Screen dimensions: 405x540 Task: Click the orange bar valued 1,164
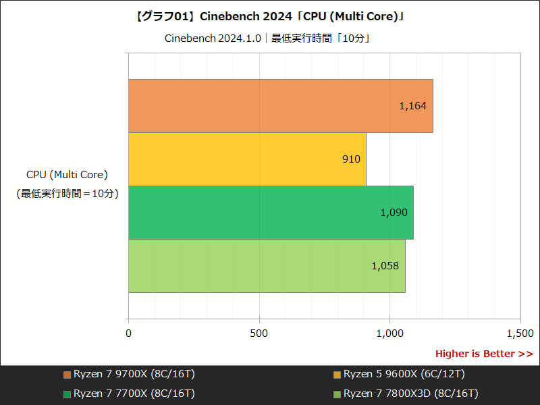tap(280, 106)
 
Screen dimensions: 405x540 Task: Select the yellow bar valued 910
tap(247, 159)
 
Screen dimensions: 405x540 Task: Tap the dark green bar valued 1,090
tap(271, 213)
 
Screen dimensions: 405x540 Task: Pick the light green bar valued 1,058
tap(267, 266)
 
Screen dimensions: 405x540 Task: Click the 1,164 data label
tap(412, 106)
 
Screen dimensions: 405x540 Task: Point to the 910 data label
tap(351, 159)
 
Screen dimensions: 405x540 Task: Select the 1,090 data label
tap(394, 213)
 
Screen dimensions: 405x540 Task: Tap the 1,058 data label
tap(385, 266)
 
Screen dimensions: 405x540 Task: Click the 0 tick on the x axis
tap(128, 333)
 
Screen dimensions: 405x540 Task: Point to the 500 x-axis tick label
tap(259, 333)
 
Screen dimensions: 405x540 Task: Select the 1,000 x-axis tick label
tap(389, 333)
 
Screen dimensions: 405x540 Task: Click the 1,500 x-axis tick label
tap(520, 333)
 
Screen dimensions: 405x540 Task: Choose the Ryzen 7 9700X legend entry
tap(129, 374)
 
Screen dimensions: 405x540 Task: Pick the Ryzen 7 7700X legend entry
tap(129, 393)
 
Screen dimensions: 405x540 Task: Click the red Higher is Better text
tap(483, 354)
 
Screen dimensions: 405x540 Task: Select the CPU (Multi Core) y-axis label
tap(67, 175)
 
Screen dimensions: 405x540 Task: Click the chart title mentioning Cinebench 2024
tap(270, 16)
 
